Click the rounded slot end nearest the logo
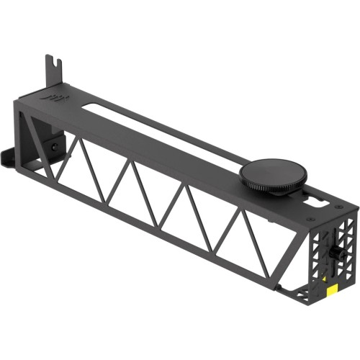point(88,107)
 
